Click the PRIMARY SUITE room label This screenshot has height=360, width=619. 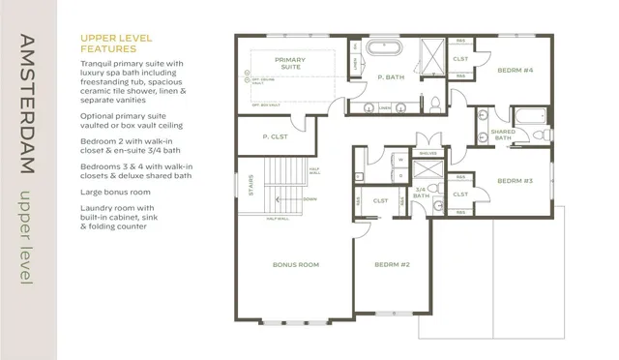click(x=290, y=64)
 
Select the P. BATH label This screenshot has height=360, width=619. click(x=390, y=76)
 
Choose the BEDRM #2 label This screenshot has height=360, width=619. click(x=392, y=264)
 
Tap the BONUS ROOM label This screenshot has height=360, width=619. click(x=296, y=264)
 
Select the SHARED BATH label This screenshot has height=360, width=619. click(x=503, y=134)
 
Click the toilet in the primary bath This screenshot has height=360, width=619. click(x=436, y=103)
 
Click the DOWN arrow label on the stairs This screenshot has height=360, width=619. click(x=309, y=199)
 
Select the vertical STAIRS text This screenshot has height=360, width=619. click(x=250, y=182)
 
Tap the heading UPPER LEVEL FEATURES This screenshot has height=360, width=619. click(x=115, y=44)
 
